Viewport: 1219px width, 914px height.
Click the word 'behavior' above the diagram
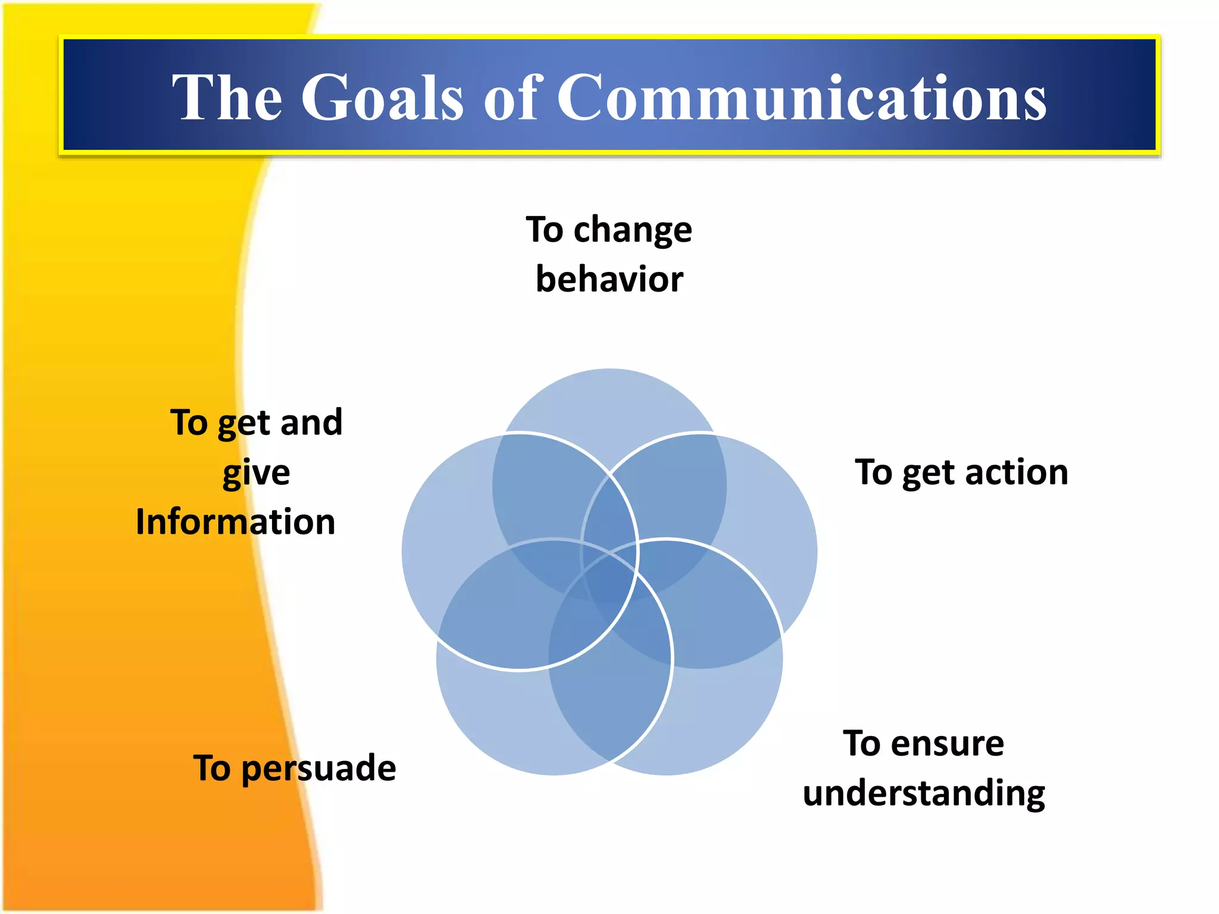[x=609, y=279]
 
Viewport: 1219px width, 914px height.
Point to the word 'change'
[x=632, y=231]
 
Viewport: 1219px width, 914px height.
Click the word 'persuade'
[x=319, y=769]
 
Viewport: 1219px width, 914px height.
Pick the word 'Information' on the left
[x=236, y=522]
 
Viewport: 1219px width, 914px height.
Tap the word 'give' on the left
[x=256, y=473]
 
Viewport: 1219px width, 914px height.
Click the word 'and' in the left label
[x=311, y=423]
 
